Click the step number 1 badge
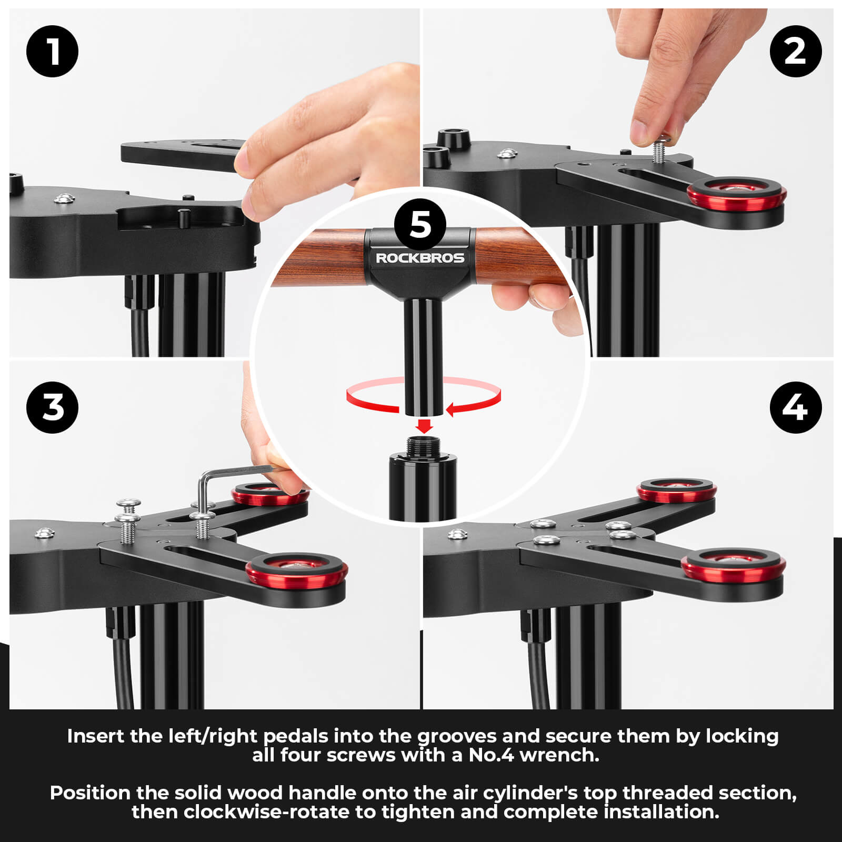point(52,51)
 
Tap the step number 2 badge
point(795,51)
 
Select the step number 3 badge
point(52,407)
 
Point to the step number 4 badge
point(795,407)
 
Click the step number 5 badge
point(420,225)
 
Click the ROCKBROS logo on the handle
point(420,258)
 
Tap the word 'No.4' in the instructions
point(491,755)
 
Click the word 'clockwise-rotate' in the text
point(266,812)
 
